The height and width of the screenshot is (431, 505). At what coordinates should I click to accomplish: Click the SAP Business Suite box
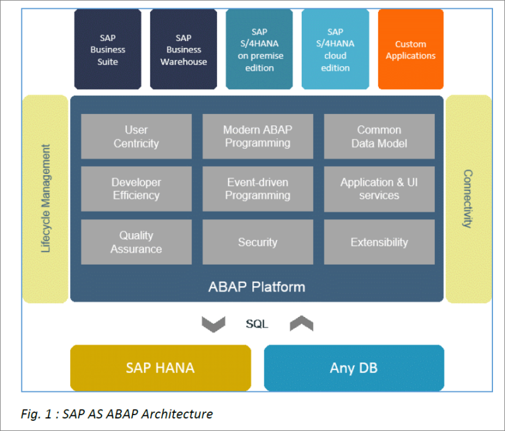point(108,50)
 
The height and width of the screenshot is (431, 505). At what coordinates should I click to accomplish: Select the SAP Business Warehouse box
point(183,50)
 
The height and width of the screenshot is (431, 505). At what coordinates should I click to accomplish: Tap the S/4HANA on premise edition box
point(259,50)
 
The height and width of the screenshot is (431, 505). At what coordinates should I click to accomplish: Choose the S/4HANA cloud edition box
point(335,50)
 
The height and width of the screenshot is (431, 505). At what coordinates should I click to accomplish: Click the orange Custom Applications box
point(410,50)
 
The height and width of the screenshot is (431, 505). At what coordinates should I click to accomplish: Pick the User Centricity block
point(136,136)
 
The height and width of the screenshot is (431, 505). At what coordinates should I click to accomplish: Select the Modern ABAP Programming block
point(258,136)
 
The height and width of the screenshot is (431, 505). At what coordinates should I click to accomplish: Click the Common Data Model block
point(379,136)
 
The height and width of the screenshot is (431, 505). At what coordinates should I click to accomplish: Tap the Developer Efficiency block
point(136,189)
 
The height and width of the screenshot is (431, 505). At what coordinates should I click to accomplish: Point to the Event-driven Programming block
point(258,189)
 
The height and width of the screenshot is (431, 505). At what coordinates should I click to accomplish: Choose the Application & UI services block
point(379,189)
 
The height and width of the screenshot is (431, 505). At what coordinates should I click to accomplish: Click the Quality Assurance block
point(136,242)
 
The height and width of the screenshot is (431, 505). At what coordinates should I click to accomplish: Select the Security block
point(258,242)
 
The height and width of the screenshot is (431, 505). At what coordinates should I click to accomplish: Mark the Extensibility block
point(379,242)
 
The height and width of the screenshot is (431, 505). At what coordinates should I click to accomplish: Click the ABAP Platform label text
point(257,287)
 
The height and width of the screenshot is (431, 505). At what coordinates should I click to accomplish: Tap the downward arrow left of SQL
point(213,324)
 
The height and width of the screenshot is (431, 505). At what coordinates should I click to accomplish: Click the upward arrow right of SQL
point(301,324)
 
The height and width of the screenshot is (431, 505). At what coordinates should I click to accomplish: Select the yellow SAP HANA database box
point(160,368)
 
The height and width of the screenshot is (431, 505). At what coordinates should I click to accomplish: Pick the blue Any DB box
point(353,368)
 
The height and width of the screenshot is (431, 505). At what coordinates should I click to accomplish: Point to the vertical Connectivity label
point(468,198)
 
